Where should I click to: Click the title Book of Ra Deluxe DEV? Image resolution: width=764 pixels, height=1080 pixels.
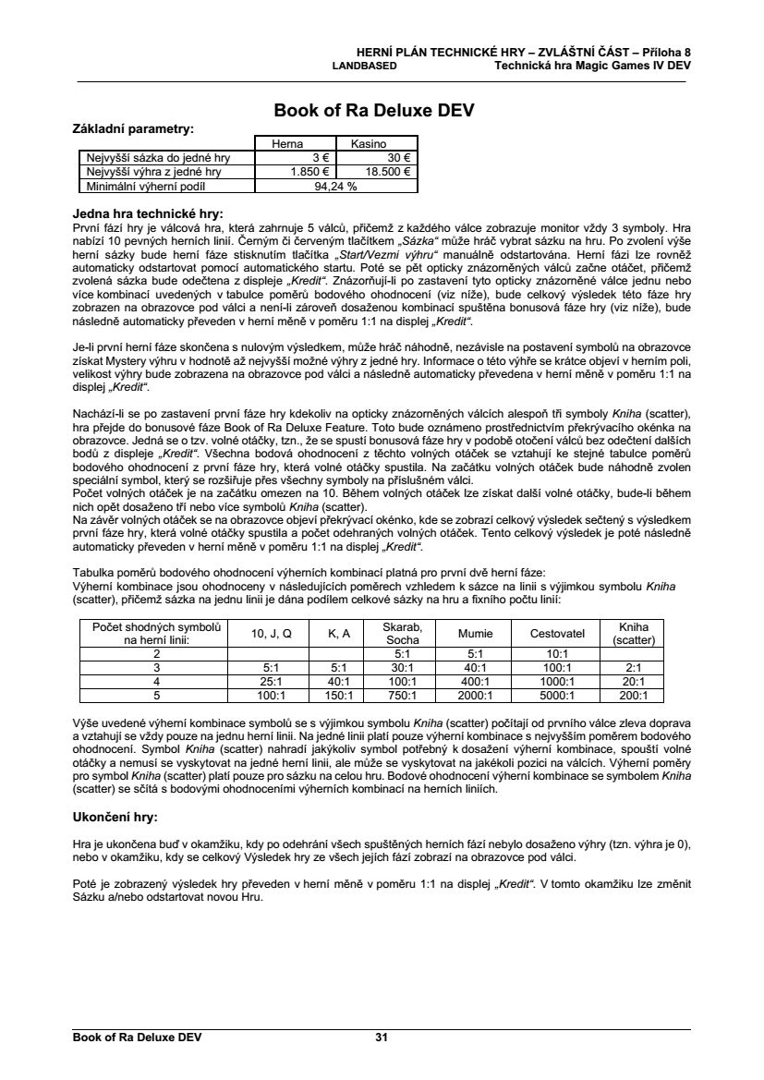click(x=374, y=112)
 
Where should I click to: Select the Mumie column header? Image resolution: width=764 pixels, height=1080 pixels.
click(x=475, y=634)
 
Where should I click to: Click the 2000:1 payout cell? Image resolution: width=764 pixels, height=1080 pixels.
click(x=475, y=696)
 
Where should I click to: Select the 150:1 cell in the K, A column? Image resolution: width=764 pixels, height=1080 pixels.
click(x=339, y=696)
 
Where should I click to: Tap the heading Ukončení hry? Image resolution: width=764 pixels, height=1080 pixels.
click(x=115, y=818)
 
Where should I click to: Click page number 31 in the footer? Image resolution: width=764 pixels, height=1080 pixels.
click(x=382, y=1038)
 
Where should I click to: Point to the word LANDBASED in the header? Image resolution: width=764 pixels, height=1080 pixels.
click(x=364, y=67)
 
